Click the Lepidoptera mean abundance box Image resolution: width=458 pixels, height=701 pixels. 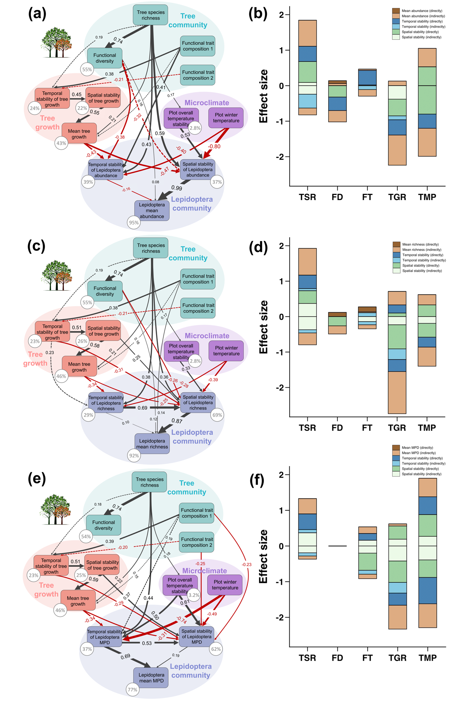pos(152,210)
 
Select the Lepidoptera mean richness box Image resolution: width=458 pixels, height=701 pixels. pos(152,444)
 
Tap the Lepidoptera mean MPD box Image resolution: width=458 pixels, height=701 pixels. pos(151,678)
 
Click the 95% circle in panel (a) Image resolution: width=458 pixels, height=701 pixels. pos(134,223)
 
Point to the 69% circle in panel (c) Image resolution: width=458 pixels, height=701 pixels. pos(217,415)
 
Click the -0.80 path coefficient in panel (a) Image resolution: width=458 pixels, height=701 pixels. pos(214,147)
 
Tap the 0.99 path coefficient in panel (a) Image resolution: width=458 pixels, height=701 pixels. pos(177,188)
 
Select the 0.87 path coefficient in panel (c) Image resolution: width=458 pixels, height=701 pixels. pos(177,421)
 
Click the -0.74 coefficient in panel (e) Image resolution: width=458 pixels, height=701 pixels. pos(182,619)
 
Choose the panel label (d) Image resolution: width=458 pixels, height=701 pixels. pos(258,247)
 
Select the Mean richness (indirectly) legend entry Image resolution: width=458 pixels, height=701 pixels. pos(422,250)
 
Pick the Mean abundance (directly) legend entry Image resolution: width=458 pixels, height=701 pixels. pos(422,11)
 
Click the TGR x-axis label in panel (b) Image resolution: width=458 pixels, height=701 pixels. pos(397,197)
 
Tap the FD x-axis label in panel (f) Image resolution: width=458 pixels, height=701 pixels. pos(337,658)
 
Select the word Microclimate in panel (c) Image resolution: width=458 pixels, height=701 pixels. pos(207,336)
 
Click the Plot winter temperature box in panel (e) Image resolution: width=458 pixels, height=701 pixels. pos(225,585)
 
